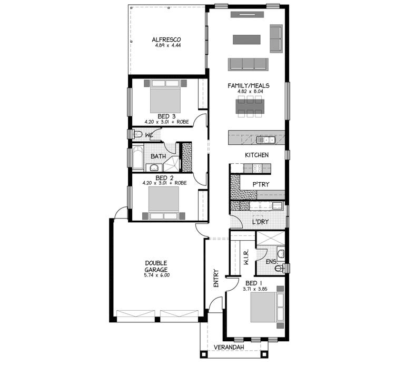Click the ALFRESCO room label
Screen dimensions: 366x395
(x=167, y=39)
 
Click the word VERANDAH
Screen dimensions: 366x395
(x=228, y=348)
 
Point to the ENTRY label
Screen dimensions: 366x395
(x=216, y=279)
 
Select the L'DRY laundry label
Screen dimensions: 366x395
(x=260, y=222)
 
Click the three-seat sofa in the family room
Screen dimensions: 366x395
(x=248, y=64)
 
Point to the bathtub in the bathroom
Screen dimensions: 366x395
(x=137, y=157)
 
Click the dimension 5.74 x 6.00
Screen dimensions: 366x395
(x=156, y=275)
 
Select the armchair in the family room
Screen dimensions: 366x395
(x=276, y=38)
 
